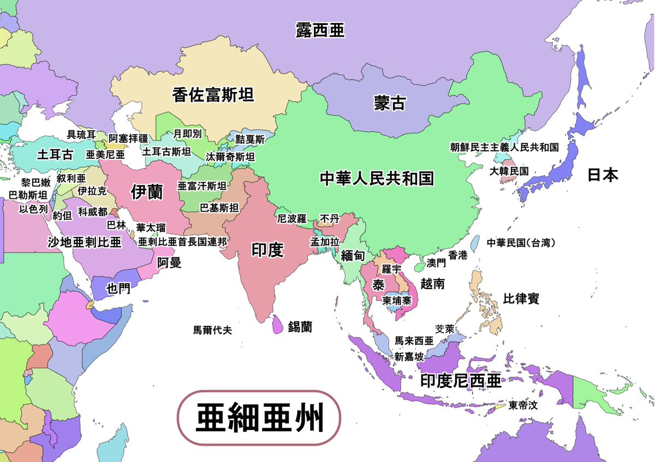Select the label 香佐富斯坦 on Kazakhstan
(213, 95)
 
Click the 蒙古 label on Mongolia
(390, 103)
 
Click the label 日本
(603, 175)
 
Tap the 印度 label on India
(267, 250)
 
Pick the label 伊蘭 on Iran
(147, 192)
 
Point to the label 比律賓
(521, 299)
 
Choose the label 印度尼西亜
(461, 381)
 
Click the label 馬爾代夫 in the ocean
(213, 329)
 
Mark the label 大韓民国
(509, 171)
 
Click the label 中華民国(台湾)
(525, 242)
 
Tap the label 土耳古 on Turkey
(55, 154)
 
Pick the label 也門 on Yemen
(118, 288)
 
